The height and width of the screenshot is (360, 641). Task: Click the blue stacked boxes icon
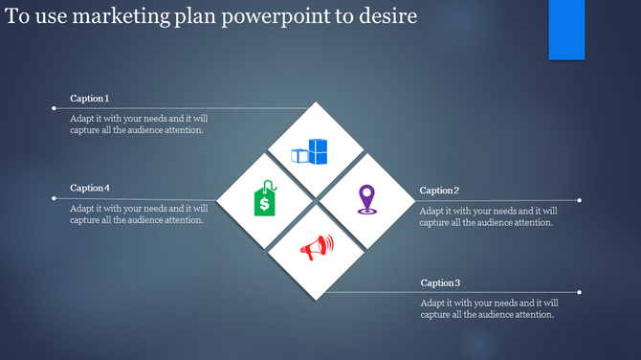click(309, 151)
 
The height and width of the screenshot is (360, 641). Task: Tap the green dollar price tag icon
click(265, 200)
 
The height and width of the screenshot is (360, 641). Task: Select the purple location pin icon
click(366, 199)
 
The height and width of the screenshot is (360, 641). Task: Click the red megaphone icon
click(316, 248)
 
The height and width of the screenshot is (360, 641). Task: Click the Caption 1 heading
click(90, 99)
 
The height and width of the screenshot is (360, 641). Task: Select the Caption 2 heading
click(439, 191)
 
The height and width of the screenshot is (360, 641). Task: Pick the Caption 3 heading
click(441, 282)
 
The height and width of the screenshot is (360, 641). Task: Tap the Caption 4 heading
click(90, 188)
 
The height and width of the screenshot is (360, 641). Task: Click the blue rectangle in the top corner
click(566, 30)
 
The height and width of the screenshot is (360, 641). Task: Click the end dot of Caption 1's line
click(54, 108)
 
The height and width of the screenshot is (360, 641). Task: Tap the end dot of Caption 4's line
click(54, 198)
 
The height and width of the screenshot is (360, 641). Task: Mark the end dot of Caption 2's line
click(580, 200)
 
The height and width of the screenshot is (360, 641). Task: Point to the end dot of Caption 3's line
click(580, 292)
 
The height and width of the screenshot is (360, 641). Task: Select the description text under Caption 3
click(489, 308)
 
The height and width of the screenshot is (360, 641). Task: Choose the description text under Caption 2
click(489, 216)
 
